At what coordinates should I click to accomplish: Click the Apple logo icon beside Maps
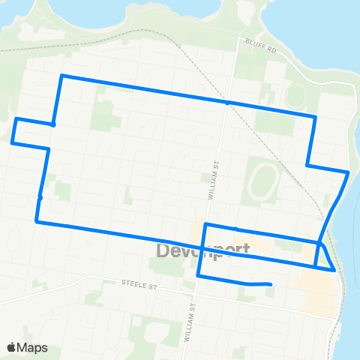pos(12,347)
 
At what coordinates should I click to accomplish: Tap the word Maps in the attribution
pos(33,347)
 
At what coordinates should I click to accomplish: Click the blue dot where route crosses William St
pos(227,103)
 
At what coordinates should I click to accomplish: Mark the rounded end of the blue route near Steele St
pos(269,284)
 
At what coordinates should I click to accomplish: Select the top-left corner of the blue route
pos(61,76)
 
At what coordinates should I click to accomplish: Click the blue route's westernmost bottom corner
pos(37,221)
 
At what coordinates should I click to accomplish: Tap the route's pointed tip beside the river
pos(334,270)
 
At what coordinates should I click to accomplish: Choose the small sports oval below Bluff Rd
pos(295,96)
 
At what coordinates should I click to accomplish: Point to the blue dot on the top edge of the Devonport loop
pos(235,229)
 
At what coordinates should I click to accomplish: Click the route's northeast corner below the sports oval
pos(315,116)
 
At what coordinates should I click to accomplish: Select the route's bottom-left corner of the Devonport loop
pos(198,276)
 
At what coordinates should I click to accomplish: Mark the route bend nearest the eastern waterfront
pos(348,172)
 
